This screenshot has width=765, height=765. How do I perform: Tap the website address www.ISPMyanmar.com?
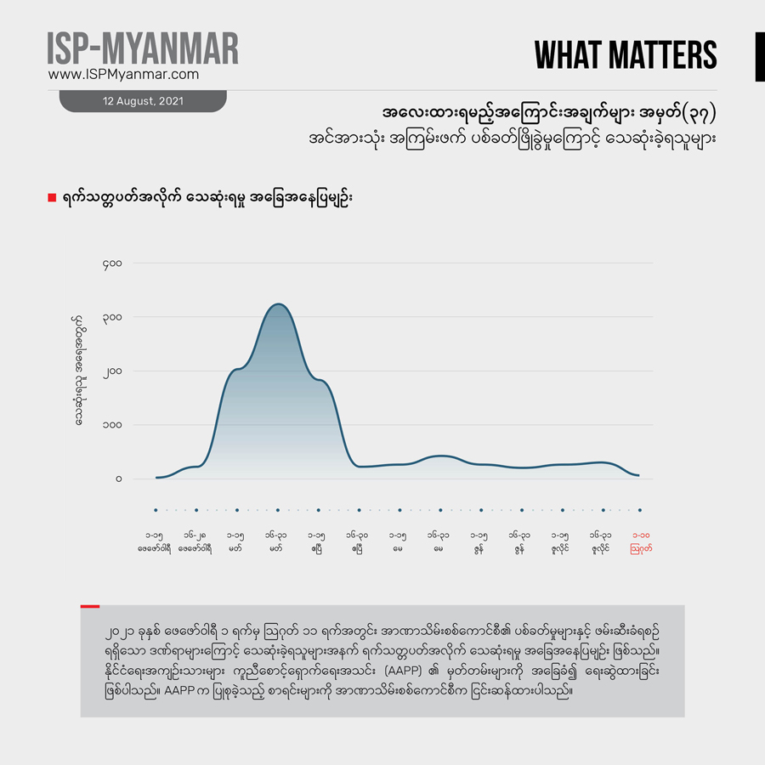tap(124, 75)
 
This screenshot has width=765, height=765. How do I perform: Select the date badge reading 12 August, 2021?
tap(143, 101)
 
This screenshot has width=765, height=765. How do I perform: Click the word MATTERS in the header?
tap(671, 55)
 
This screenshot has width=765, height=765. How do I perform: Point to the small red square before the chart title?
tap(52, 197)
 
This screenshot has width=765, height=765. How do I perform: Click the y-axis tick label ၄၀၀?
tap(112, 264)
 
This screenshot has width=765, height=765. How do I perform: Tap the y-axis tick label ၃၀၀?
tap(112, 318)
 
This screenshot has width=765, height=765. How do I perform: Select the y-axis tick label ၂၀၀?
tap(112, 371)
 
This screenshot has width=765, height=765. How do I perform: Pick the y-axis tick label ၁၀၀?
tap(112, 425)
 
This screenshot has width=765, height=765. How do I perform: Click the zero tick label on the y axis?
tap(119, 479)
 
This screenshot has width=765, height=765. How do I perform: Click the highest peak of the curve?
tap(277, 304)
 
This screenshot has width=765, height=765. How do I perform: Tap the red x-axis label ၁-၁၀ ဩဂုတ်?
tap(641, 542)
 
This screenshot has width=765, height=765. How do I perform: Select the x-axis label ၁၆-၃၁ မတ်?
tap(277, 542)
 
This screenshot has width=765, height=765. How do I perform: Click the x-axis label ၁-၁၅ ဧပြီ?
tap(317, 542)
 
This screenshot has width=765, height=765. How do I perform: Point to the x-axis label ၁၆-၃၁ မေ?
tap(439, 542)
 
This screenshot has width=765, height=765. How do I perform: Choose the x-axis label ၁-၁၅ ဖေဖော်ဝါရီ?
tap(156, 542)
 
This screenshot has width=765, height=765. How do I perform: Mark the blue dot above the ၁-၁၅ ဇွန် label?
tap(481, 510)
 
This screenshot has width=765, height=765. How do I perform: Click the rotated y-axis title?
tap(78, 370)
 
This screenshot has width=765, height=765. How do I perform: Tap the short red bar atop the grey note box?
tap(90, 606)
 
